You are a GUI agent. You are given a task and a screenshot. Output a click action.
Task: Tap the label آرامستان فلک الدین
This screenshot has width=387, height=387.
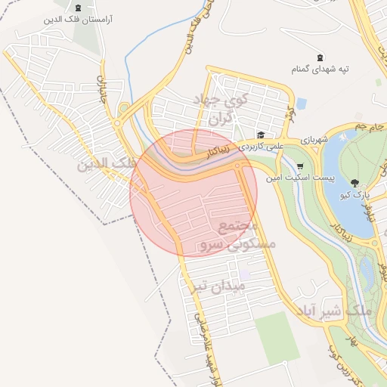click(x=79, y=20)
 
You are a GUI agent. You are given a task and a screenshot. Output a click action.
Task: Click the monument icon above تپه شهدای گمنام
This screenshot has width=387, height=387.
click(x=319, y=57)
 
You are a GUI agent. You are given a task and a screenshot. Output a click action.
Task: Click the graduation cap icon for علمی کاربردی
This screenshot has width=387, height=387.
click(x=260, y=135)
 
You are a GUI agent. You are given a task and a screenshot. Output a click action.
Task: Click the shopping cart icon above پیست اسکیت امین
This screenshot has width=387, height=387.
click(x=301, y=166)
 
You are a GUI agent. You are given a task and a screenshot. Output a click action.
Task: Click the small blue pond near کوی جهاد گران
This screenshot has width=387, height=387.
click(x=302, y=103)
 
